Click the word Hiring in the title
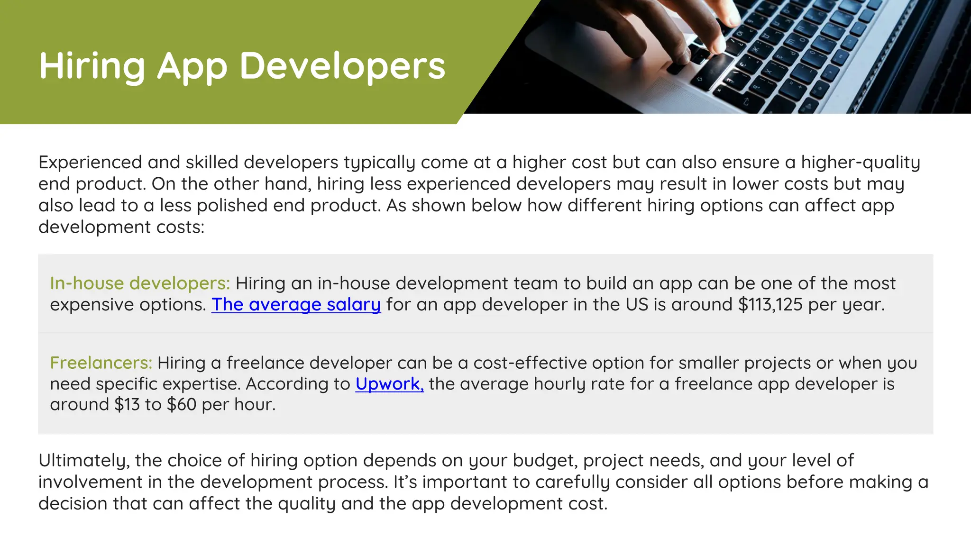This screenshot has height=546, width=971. tap(92, 66)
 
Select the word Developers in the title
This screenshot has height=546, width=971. tap(342, 66)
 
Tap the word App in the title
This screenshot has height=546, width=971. tap(192, 66)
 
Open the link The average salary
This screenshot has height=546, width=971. tap(296, 305)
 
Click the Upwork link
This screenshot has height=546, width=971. tap(389, 384)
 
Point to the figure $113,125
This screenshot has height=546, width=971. tap(770, 305)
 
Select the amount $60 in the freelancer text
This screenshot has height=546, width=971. tap(181, 405)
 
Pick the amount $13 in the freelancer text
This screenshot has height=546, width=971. tap(127, 405)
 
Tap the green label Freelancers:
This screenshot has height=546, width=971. tap(101, 363)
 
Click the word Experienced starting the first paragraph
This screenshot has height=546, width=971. tap(90, 163)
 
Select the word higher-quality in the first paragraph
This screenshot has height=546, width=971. tap(861, 163)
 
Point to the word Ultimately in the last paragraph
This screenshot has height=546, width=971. tap(83, 461)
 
